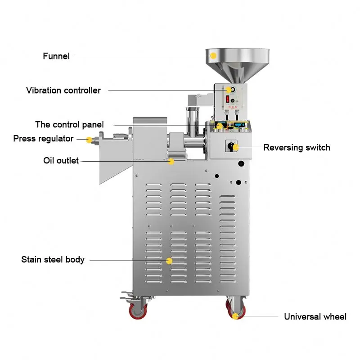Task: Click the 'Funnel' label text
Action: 56,56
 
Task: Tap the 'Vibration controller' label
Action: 63,90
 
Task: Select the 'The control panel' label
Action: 70,125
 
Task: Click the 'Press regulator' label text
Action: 43,139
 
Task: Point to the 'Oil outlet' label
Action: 61,161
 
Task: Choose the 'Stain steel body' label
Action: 53,260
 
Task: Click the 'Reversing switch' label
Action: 297,148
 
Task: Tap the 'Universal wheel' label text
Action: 315,317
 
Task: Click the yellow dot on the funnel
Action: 214,55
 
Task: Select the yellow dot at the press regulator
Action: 90,139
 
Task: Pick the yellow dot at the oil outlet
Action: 171,161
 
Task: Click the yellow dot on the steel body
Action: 170,261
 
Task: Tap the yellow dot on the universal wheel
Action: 235,316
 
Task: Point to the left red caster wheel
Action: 139,311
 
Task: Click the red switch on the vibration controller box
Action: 228,99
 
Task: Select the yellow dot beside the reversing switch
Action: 236,147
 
